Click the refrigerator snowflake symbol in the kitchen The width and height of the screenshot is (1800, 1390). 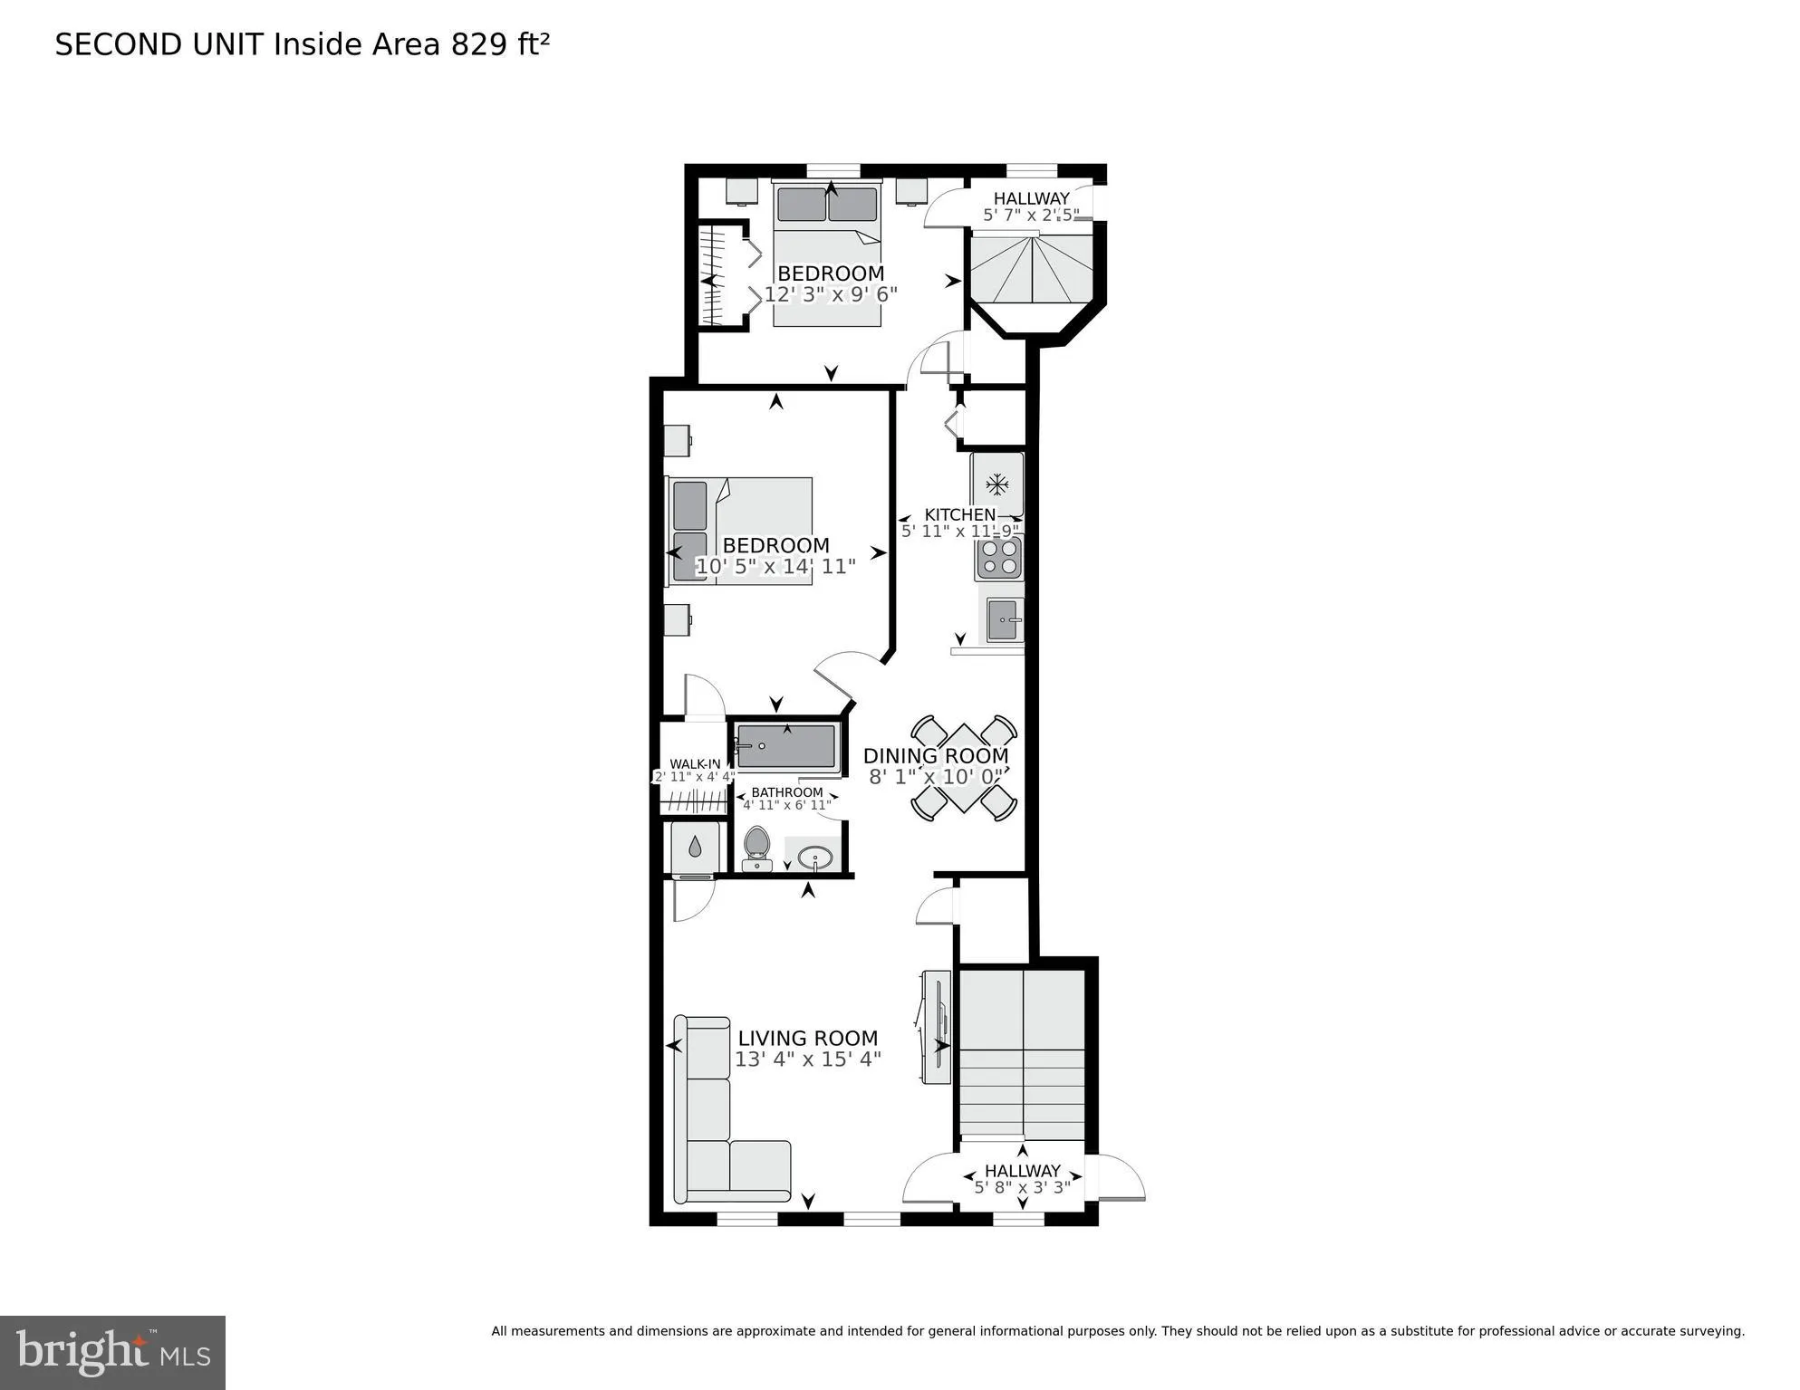[997, 484]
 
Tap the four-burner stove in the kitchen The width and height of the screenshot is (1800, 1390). [998, 558]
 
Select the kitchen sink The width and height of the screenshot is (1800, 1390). [1002, 620]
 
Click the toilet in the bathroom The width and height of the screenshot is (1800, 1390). [756, 847]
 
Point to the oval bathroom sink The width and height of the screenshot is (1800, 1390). [814, 857]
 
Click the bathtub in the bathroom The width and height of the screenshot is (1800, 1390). [786, 747]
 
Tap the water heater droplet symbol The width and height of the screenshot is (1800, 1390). [694, 848]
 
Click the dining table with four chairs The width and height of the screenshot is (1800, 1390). [963, 768]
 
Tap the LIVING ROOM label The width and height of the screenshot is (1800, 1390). [807, 1038]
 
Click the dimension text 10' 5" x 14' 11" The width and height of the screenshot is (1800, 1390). [775, 567]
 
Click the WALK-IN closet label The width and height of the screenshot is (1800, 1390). [695, 764]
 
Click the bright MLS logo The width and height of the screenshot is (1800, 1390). [112, 1352]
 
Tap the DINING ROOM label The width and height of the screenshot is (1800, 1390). [935, 755]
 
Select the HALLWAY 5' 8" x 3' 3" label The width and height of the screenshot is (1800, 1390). [1022, 1178]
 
